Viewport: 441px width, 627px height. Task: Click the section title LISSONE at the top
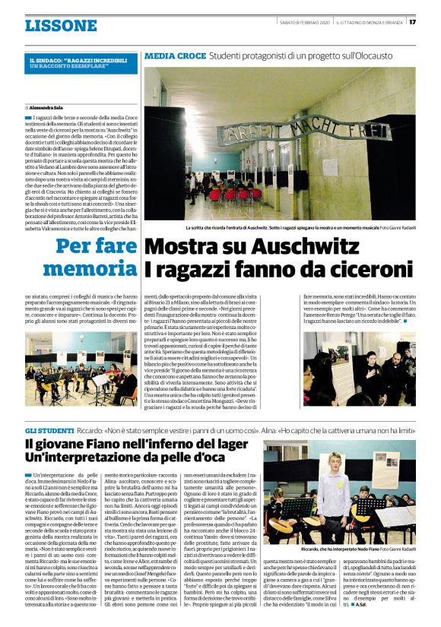(x=60, y=26)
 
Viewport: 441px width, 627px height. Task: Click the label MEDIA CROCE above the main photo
(x=175, y=56)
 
